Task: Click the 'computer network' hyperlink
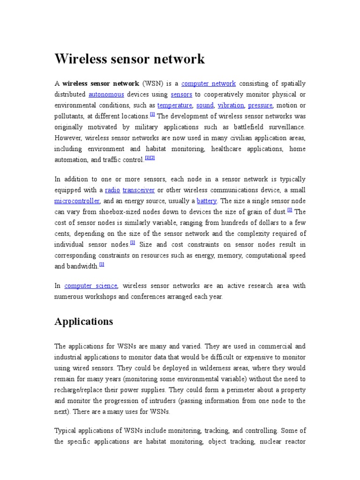click(x=208, y=84)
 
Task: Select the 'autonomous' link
click(x=106, y=95)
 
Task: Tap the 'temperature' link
click(x=175, y=105)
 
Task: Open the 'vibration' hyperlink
click(x=231, y=105)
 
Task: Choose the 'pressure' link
click(x=260, y=105)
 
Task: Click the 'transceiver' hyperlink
click(x=138, y=190)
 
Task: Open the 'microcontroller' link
click(x=77, y=201)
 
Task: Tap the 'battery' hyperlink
click(x=207, y=201)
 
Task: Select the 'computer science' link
click(x=91, y=286)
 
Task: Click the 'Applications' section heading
click(x=84, y=322)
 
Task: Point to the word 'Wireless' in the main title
click(x=82, y=60)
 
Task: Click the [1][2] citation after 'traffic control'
click(x=150, y=158)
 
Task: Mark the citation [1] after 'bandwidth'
click(x=102, y=265)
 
